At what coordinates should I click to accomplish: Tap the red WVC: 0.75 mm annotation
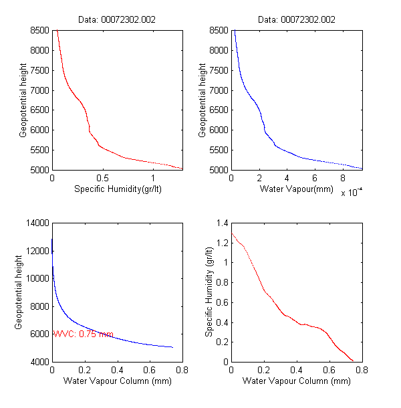(84, 334)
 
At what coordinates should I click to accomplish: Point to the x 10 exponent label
(351, 193)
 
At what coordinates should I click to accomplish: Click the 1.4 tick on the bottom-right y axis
(221, 223)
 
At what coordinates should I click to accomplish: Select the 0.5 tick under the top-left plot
(102, 179)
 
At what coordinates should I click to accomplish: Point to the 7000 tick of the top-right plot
(219, 90)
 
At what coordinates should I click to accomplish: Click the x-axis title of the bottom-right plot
(296, 381)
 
